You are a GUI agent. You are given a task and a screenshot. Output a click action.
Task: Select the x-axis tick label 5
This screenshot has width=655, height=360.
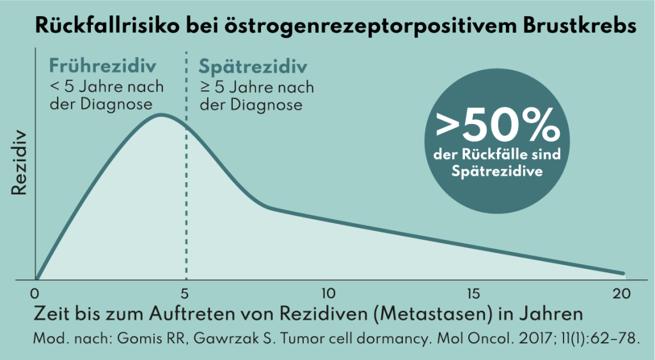pos(185,294)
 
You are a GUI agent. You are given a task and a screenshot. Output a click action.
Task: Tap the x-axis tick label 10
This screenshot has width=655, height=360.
pos(327,294)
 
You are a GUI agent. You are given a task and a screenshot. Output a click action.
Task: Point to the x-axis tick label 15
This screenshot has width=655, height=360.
pos(474,294)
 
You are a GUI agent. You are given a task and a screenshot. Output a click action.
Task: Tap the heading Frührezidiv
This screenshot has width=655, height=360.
pos(103,67)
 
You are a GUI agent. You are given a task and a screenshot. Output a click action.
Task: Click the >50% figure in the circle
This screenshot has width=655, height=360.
pos(496,129)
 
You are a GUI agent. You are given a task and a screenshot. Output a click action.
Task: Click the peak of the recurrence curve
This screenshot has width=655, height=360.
pos(161,115)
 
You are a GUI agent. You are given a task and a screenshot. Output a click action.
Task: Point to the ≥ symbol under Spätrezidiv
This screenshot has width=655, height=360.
pos(204,87)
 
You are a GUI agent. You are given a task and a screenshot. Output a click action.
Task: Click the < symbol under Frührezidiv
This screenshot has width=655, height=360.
pos(55,87)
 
